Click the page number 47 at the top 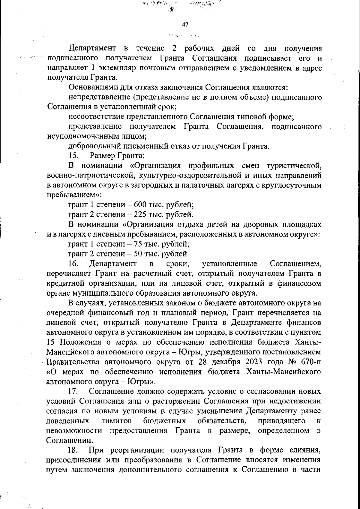185,25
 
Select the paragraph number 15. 73,156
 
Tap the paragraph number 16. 73,264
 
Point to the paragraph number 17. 73,391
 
